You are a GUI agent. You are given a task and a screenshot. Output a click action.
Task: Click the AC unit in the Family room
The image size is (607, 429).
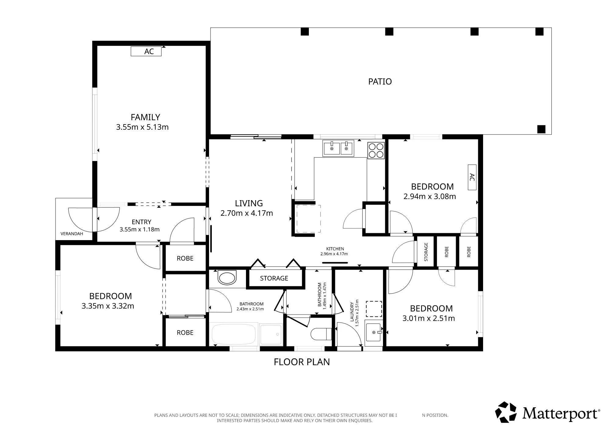[x=146, y=51]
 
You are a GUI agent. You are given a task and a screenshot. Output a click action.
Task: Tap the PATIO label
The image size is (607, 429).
[x=380, y=81]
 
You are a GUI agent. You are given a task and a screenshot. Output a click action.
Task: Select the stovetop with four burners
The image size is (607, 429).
[x=376, y=150]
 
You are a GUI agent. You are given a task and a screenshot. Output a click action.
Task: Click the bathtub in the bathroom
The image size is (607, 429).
[x=233, y=334]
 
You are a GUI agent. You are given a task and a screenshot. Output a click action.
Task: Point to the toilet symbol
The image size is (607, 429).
[x=321, y=334]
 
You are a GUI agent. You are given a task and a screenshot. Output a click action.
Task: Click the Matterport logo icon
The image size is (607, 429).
[x=506, y=412]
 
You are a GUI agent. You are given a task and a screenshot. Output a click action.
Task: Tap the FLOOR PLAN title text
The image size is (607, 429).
[x=302, y=362]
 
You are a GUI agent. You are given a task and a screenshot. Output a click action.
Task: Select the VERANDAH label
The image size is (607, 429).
[x=72, y=234]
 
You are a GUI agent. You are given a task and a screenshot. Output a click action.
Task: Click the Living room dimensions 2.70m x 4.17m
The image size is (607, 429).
[x=247, y=213]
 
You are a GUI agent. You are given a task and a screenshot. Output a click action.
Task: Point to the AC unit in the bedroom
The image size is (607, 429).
[x=472, y=177]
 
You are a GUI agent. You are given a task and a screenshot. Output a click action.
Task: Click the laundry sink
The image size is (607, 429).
[x=373, y=332]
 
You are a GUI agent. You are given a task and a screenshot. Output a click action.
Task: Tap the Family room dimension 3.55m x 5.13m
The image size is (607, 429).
[x=142, y=127]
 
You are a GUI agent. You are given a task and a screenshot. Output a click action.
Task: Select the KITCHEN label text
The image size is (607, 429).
[x=335, y=249]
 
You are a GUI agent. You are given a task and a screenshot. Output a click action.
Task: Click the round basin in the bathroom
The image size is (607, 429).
[x=227, y=278]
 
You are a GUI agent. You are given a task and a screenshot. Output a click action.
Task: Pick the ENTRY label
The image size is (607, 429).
[x=141, y=222]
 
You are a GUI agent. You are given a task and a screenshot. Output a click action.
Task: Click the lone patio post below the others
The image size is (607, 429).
[x=541, y=129]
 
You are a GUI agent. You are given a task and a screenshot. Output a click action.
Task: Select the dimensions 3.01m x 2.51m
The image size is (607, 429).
[x=428, y=318]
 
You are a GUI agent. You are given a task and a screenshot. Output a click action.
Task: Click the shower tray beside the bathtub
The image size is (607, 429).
[x=271, y=334]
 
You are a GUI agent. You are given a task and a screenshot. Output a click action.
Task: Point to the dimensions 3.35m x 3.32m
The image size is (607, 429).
[x=108, y=306]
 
